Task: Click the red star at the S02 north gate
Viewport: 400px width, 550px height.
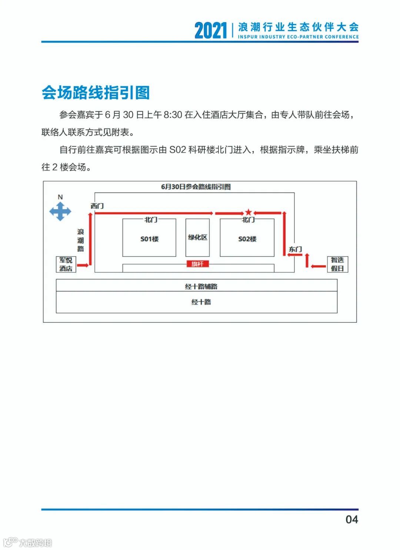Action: click(x=249, y=212)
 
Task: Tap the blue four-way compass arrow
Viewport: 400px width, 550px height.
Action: click(x=60, y=212)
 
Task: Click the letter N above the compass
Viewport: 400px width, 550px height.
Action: click(x=60, y=197)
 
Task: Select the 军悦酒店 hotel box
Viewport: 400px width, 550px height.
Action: click(x=66, y=264)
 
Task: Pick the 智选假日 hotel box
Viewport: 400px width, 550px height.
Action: click(x=337, y=264)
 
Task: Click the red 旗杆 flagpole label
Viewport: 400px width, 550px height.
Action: click(x=197, y=264)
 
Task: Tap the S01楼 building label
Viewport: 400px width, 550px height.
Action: click(x=149, y=239)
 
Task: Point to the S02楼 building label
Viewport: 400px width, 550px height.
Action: click(x=247, y=239)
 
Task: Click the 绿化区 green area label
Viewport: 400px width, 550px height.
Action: click(x=197, y=237)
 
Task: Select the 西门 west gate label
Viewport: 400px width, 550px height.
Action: click(x=97, y=206)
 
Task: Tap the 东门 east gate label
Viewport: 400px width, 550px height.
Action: click(x=295, y=249)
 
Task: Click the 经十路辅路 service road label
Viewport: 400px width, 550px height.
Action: click(x=201, y=286)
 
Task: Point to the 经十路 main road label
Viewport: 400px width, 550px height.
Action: click(x=201, y=302)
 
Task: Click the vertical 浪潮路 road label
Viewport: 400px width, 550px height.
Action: click(x=81, y=240)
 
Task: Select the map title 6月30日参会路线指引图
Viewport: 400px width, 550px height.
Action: click(x=196, y=187)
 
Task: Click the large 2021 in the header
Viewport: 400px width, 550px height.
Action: click(x=210, y=30)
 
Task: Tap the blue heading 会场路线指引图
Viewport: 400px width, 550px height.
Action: click(x=96, y=92)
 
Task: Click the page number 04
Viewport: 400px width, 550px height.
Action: click(x=351, y=519)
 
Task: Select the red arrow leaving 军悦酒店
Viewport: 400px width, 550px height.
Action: click(x=83, y=265)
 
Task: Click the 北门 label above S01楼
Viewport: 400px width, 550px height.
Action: click(x=151, y=220)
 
